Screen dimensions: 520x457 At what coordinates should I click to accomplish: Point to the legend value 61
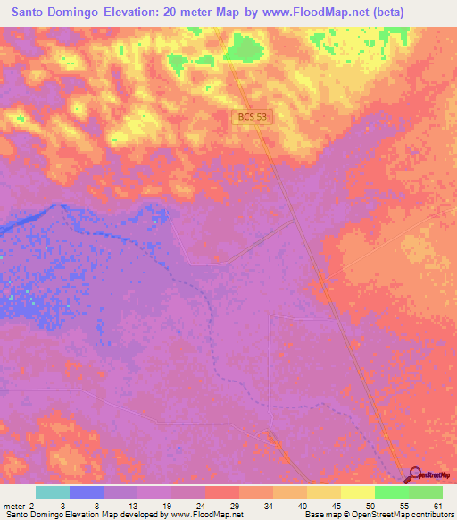(437, 505)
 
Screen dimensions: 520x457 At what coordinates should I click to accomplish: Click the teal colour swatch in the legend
(53, 492)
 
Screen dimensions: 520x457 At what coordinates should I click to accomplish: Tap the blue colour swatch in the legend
(87, 492)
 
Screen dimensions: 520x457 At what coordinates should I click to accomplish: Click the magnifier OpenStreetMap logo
(415, 474)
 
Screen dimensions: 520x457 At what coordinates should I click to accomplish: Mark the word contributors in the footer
(431, 515)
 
